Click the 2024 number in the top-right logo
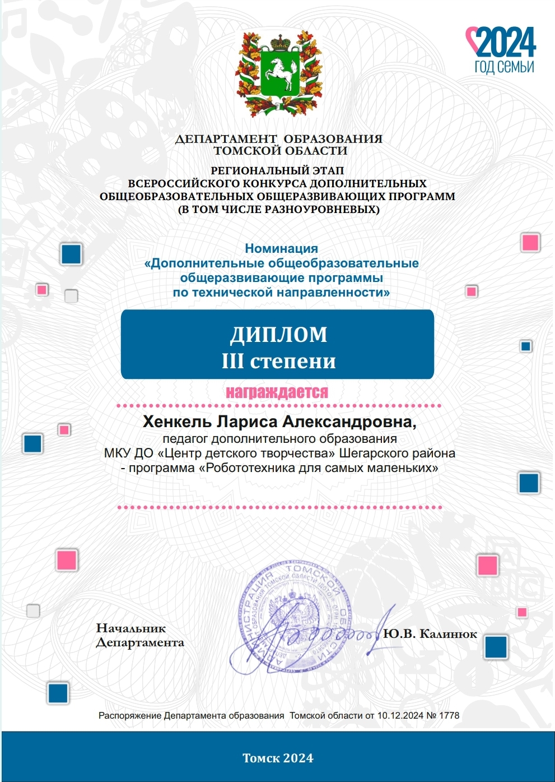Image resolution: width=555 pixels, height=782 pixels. [x=506, y=43]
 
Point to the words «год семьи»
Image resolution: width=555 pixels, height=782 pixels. [x=504, y=67]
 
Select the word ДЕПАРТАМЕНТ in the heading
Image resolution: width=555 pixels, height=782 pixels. [x=226, y=139]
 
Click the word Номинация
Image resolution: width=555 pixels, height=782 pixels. [x=281, y=248]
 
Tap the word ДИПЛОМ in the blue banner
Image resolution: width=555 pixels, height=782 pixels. [x=278, y=334]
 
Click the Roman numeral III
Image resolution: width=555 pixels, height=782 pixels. [x=232, y=361]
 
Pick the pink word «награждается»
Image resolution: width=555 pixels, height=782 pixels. [x=277, y=392]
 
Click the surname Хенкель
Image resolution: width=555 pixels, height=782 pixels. [x=177, y=422]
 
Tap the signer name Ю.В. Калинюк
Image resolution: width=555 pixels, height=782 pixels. [x=430, y=634]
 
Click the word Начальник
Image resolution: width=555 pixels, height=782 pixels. [x=131, y=628]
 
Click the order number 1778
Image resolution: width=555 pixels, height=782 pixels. [x=449, y=715]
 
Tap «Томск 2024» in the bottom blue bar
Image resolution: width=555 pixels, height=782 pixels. [x=278, y=758]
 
